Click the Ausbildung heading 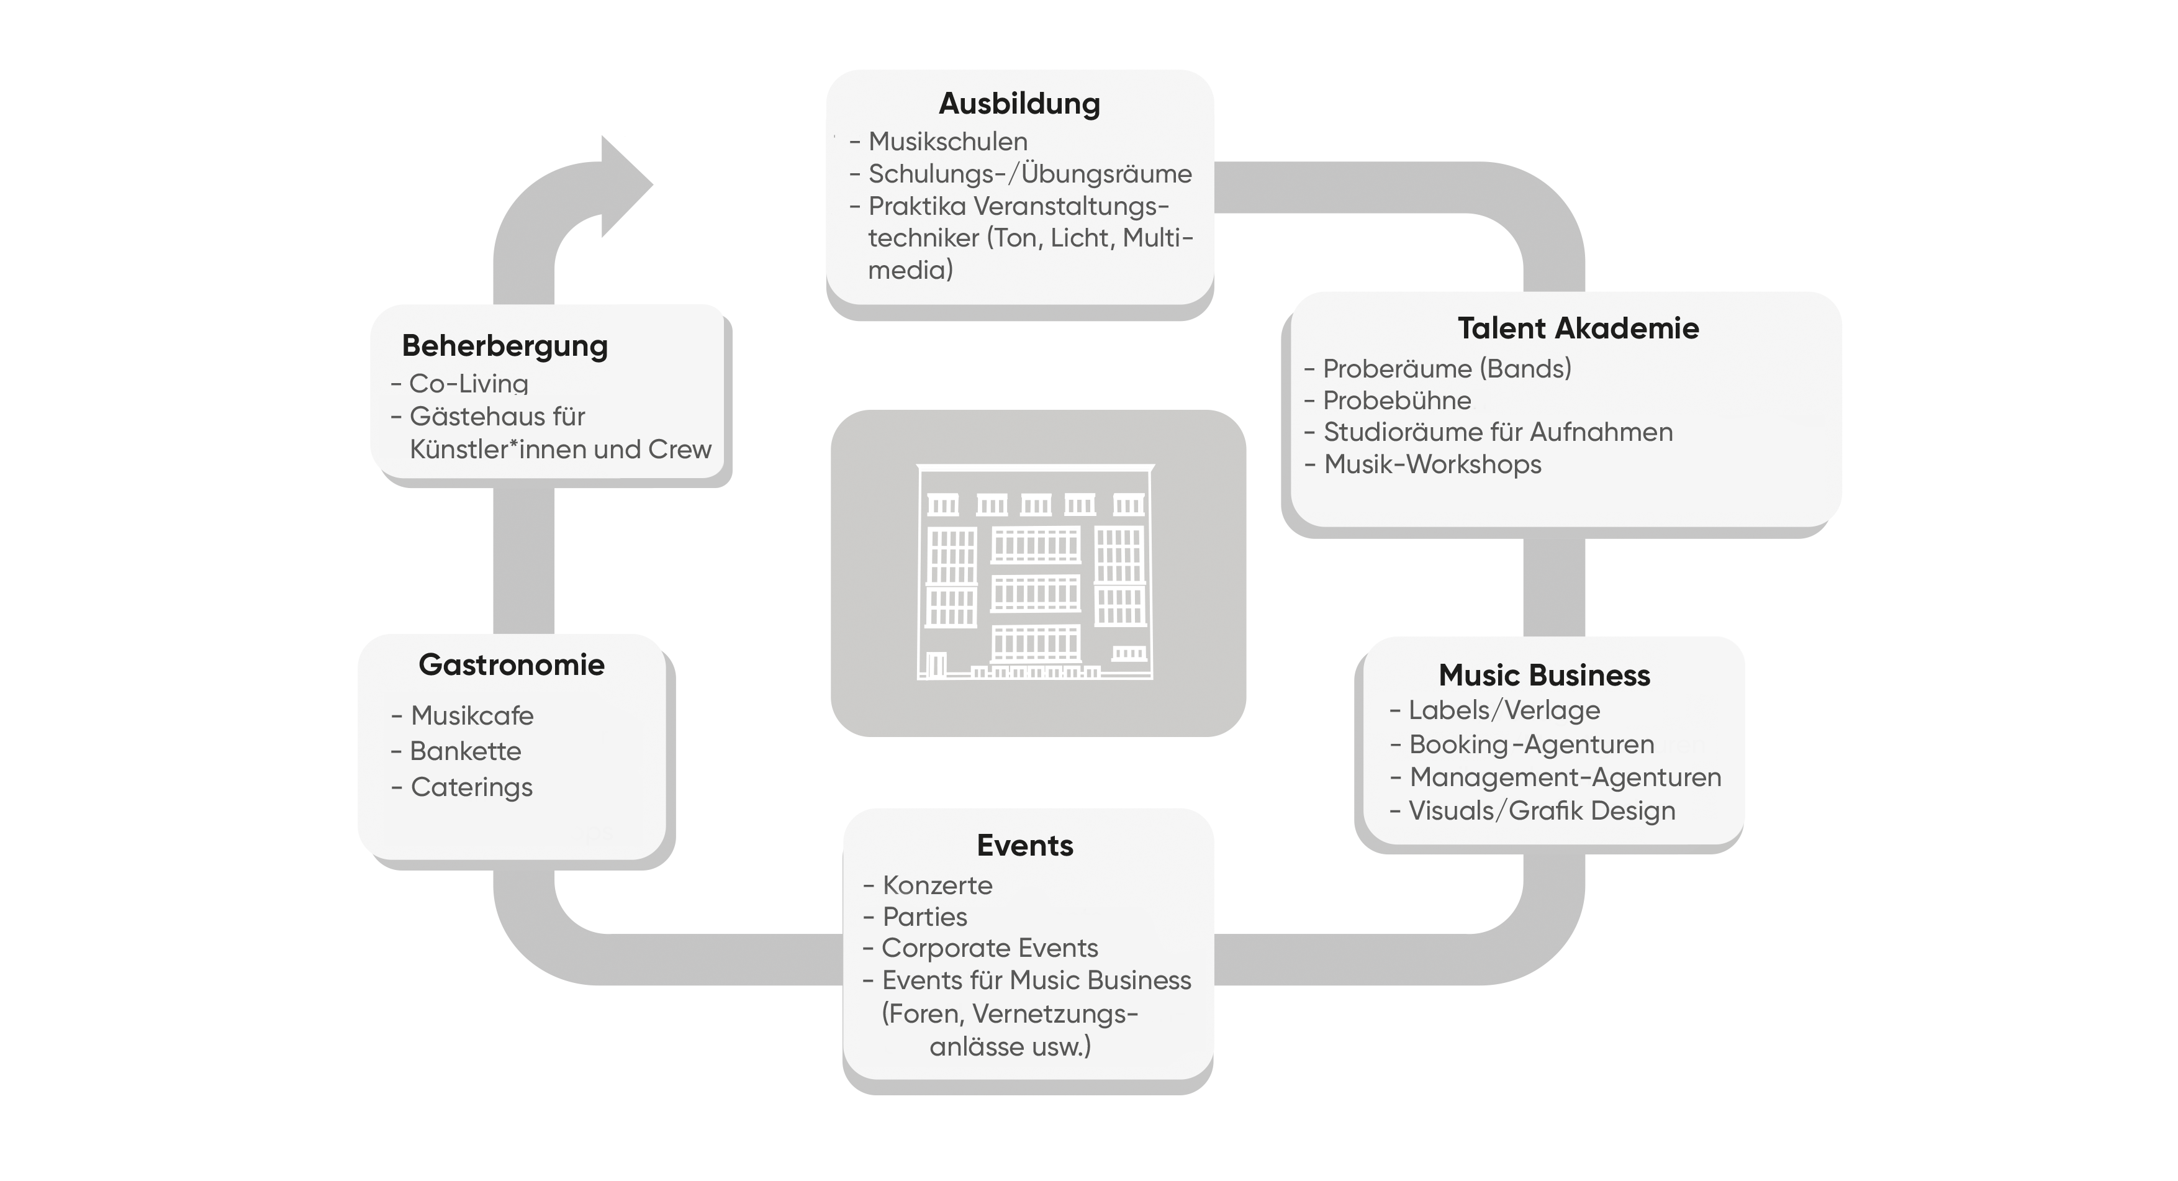point(1019,103)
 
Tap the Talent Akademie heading point(1578,328)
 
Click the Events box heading point(1025,845)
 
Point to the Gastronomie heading point(512,664)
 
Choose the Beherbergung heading point(505,346)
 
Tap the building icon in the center point(1036,572)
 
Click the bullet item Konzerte point(937,885)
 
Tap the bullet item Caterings point(471,787)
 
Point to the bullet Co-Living point(468,384)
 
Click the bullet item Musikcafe point(472,716)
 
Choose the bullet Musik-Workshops point(1432,464)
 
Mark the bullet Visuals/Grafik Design point(1542,811)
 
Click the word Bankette point(465,751)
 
